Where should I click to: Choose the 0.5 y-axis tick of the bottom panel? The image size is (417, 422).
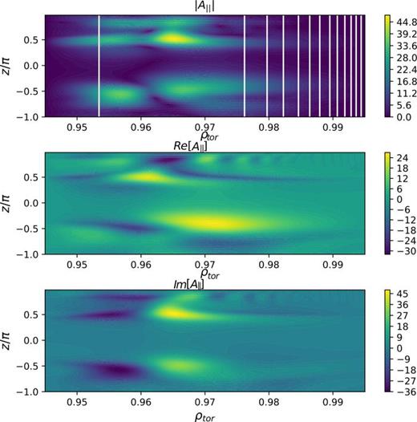31,313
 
